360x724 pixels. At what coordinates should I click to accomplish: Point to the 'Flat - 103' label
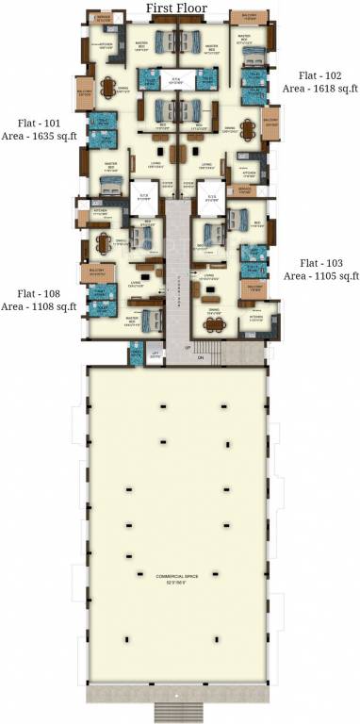click(x=323, y=262)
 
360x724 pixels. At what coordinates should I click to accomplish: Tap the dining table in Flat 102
click(x=248, y=129)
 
